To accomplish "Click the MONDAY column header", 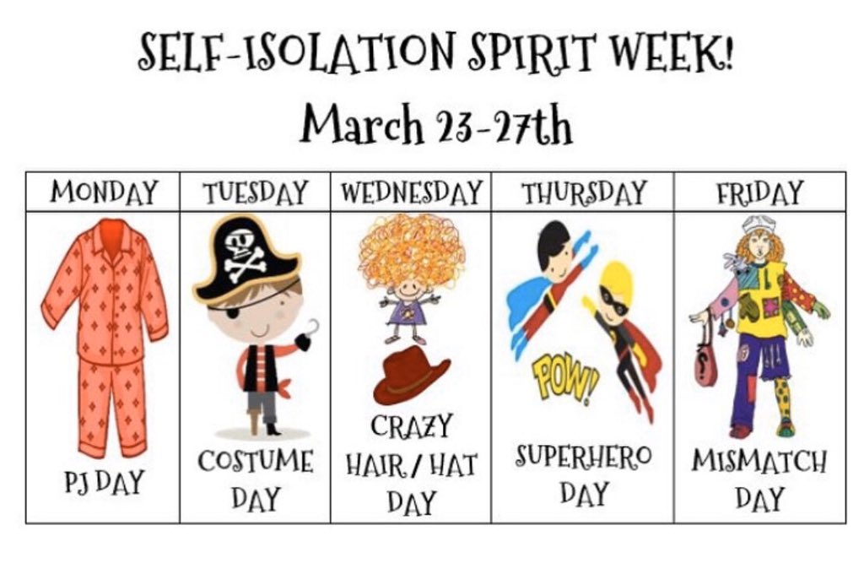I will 103,192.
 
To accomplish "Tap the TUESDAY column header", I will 255,193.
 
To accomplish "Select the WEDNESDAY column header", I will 411,192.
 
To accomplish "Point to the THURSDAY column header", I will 582,192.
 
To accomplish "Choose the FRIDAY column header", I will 759,192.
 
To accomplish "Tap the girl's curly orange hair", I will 411,249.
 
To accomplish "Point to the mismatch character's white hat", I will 758,224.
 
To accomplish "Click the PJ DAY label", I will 103,482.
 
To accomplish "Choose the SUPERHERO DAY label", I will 582,473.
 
